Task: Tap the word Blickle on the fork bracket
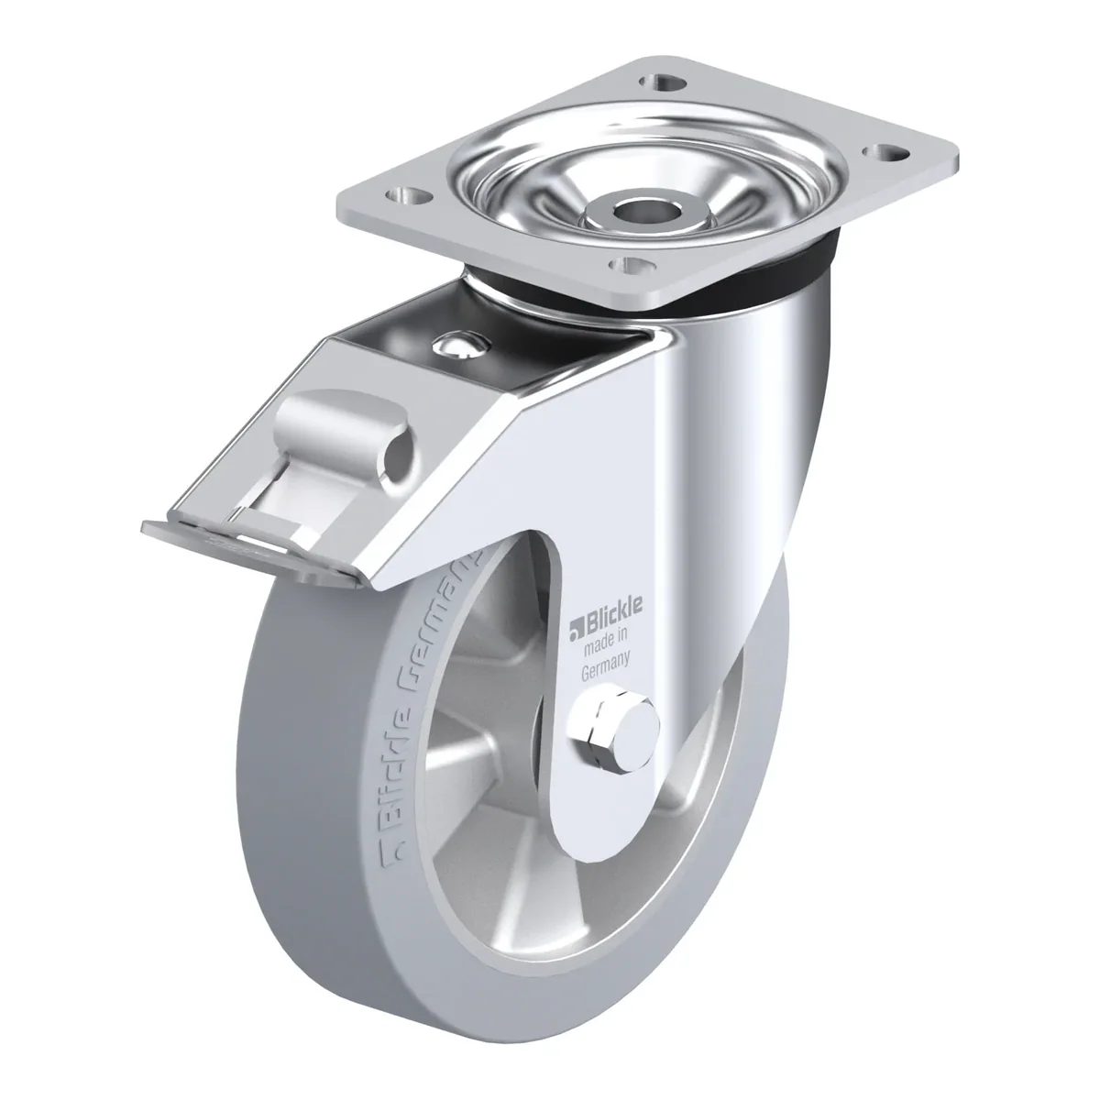coord(613,610)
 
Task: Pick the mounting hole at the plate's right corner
coord(885,152)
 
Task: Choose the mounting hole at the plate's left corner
coord(408,197)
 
